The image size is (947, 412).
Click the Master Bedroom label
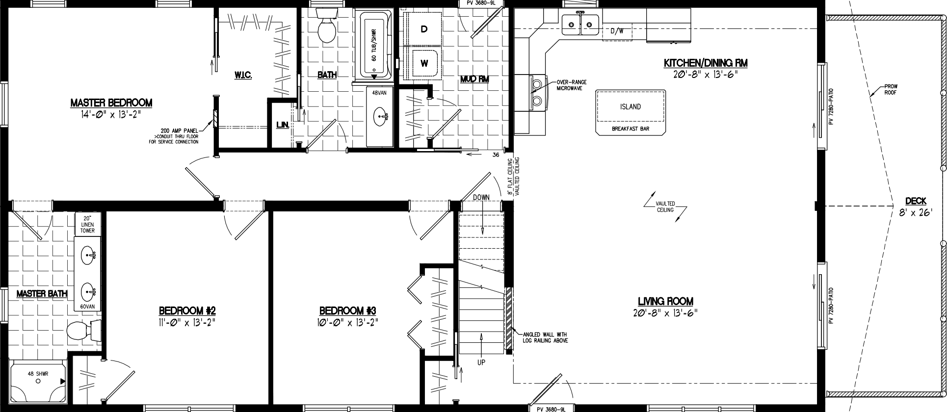coord(111,103)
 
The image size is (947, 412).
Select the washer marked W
coord(424,63)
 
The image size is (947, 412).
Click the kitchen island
coord(631,107)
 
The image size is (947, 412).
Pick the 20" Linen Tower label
coord(87,224)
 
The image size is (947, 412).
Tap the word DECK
coord(916,201)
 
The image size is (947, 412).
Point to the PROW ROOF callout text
coord(891,89)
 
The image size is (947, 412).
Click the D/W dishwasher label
coord(617,31)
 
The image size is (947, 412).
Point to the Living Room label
coord(665,301)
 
